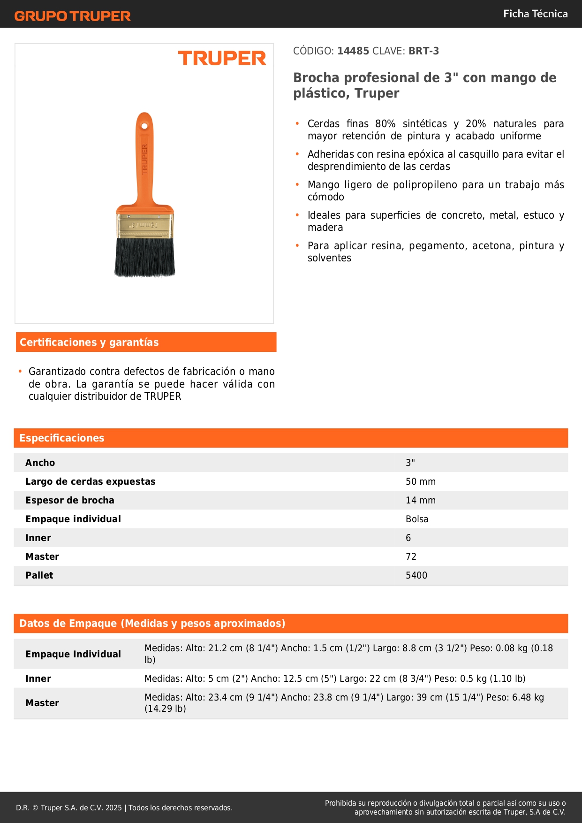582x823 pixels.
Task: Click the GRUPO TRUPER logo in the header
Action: point(73,16)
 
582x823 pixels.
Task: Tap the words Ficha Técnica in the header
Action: point(535,14)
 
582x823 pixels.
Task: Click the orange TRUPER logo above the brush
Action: point(222,58)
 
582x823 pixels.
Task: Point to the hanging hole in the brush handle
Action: point(144,126)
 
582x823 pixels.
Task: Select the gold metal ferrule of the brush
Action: point(144,225)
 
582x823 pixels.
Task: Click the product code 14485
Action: point(353,51)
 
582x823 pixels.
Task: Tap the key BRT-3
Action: point(423,51)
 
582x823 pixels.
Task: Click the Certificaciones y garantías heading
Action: point(89,343)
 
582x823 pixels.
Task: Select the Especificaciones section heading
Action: point(62,438)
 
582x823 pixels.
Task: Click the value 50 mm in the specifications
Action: point(421,481)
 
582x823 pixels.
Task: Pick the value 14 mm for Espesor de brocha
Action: point(421,500)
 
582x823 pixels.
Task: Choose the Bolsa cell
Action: point(417,519)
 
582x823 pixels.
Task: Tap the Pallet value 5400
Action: point(416,575)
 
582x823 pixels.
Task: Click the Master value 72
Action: point(411,556)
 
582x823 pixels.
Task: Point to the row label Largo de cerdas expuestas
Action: point(90,481)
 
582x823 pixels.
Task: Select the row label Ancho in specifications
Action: point(40,463)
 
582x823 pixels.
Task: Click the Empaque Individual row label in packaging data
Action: point(73,654)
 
